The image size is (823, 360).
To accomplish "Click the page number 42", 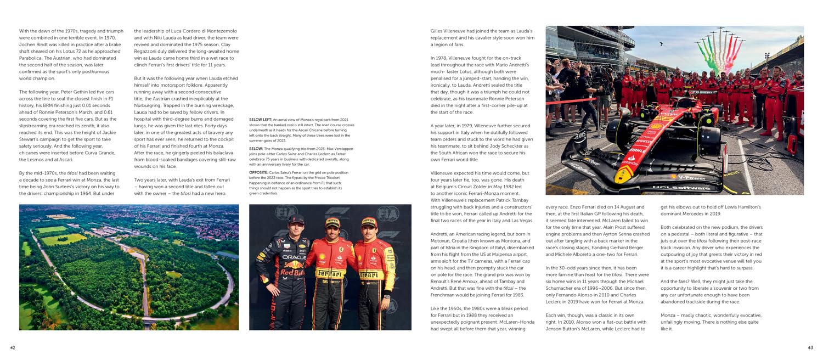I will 13,347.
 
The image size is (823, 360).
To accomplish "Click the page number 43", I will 810,347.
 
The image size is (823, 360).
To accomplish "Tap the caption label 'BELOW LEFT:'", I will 260,120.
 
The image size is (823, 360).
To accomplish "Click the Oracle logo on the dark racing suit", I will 294,257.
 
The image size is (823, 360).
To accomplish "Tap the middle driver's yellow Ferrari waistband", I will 329,274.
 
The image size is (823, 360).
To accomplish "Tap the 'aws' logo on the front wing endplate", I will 580,134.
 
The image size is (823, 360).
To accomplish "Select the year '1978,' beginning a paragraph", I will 441,58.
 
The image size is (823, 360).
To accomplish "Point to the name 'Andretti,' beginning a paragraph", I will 442,234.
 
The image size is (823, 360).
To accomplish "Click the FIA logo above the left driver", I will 285,212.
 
